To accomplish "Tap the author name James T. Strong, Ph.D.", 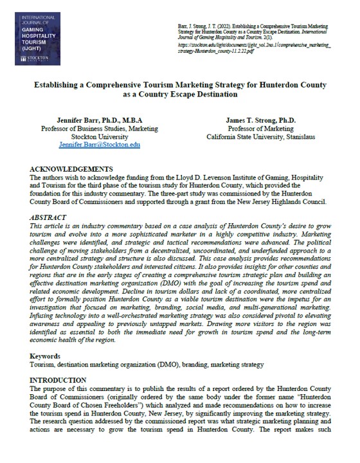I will point(261,120).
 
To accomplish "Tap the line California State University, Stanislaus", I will point(261,137).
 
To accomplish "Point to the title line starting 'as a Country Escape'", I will point(180,95).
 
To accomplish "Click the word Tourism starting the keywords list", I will point(43,364).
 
